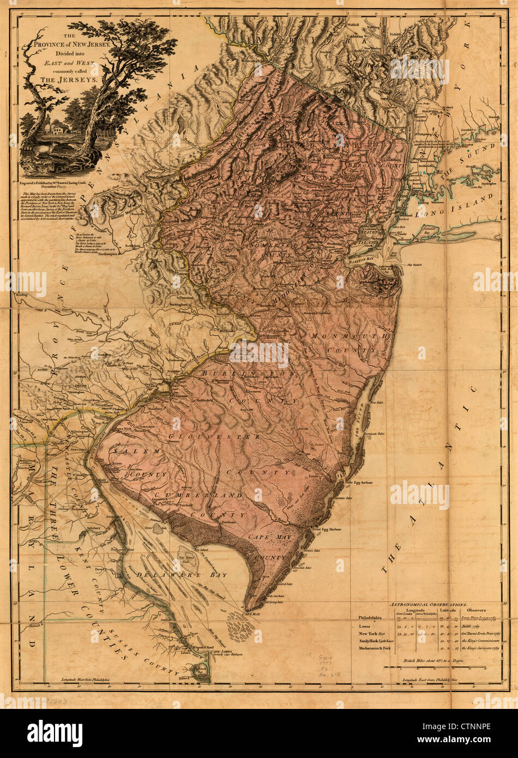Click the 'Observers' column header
[x=478, y=611]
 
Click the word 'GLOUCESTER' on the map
[x=214, y=437]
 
